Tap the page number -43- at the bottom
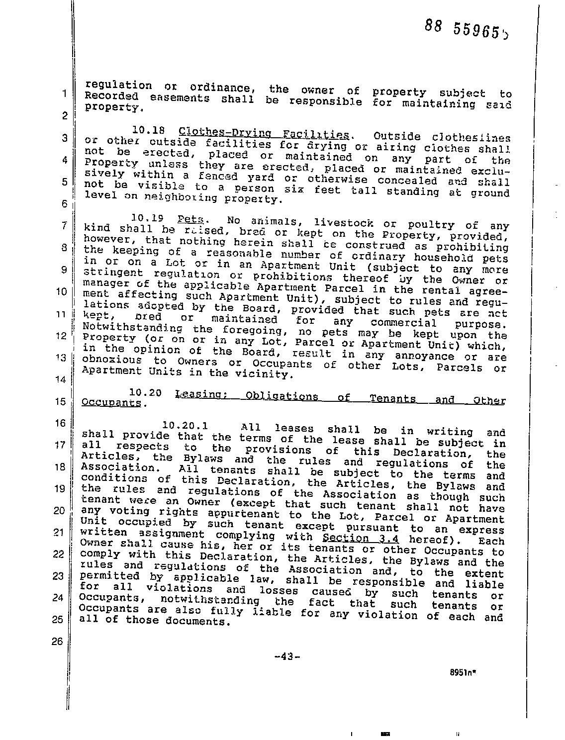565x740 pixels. click(x=287, y=656)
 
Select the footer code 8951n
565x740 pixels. click(x=460, y=670)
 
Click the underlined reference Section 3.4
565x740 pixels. click(x=361, y=538)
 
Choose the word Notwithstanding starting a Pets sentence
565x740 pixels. click(x=132, y=328)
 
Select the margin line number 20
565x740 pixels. click(x=59, y=510)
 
